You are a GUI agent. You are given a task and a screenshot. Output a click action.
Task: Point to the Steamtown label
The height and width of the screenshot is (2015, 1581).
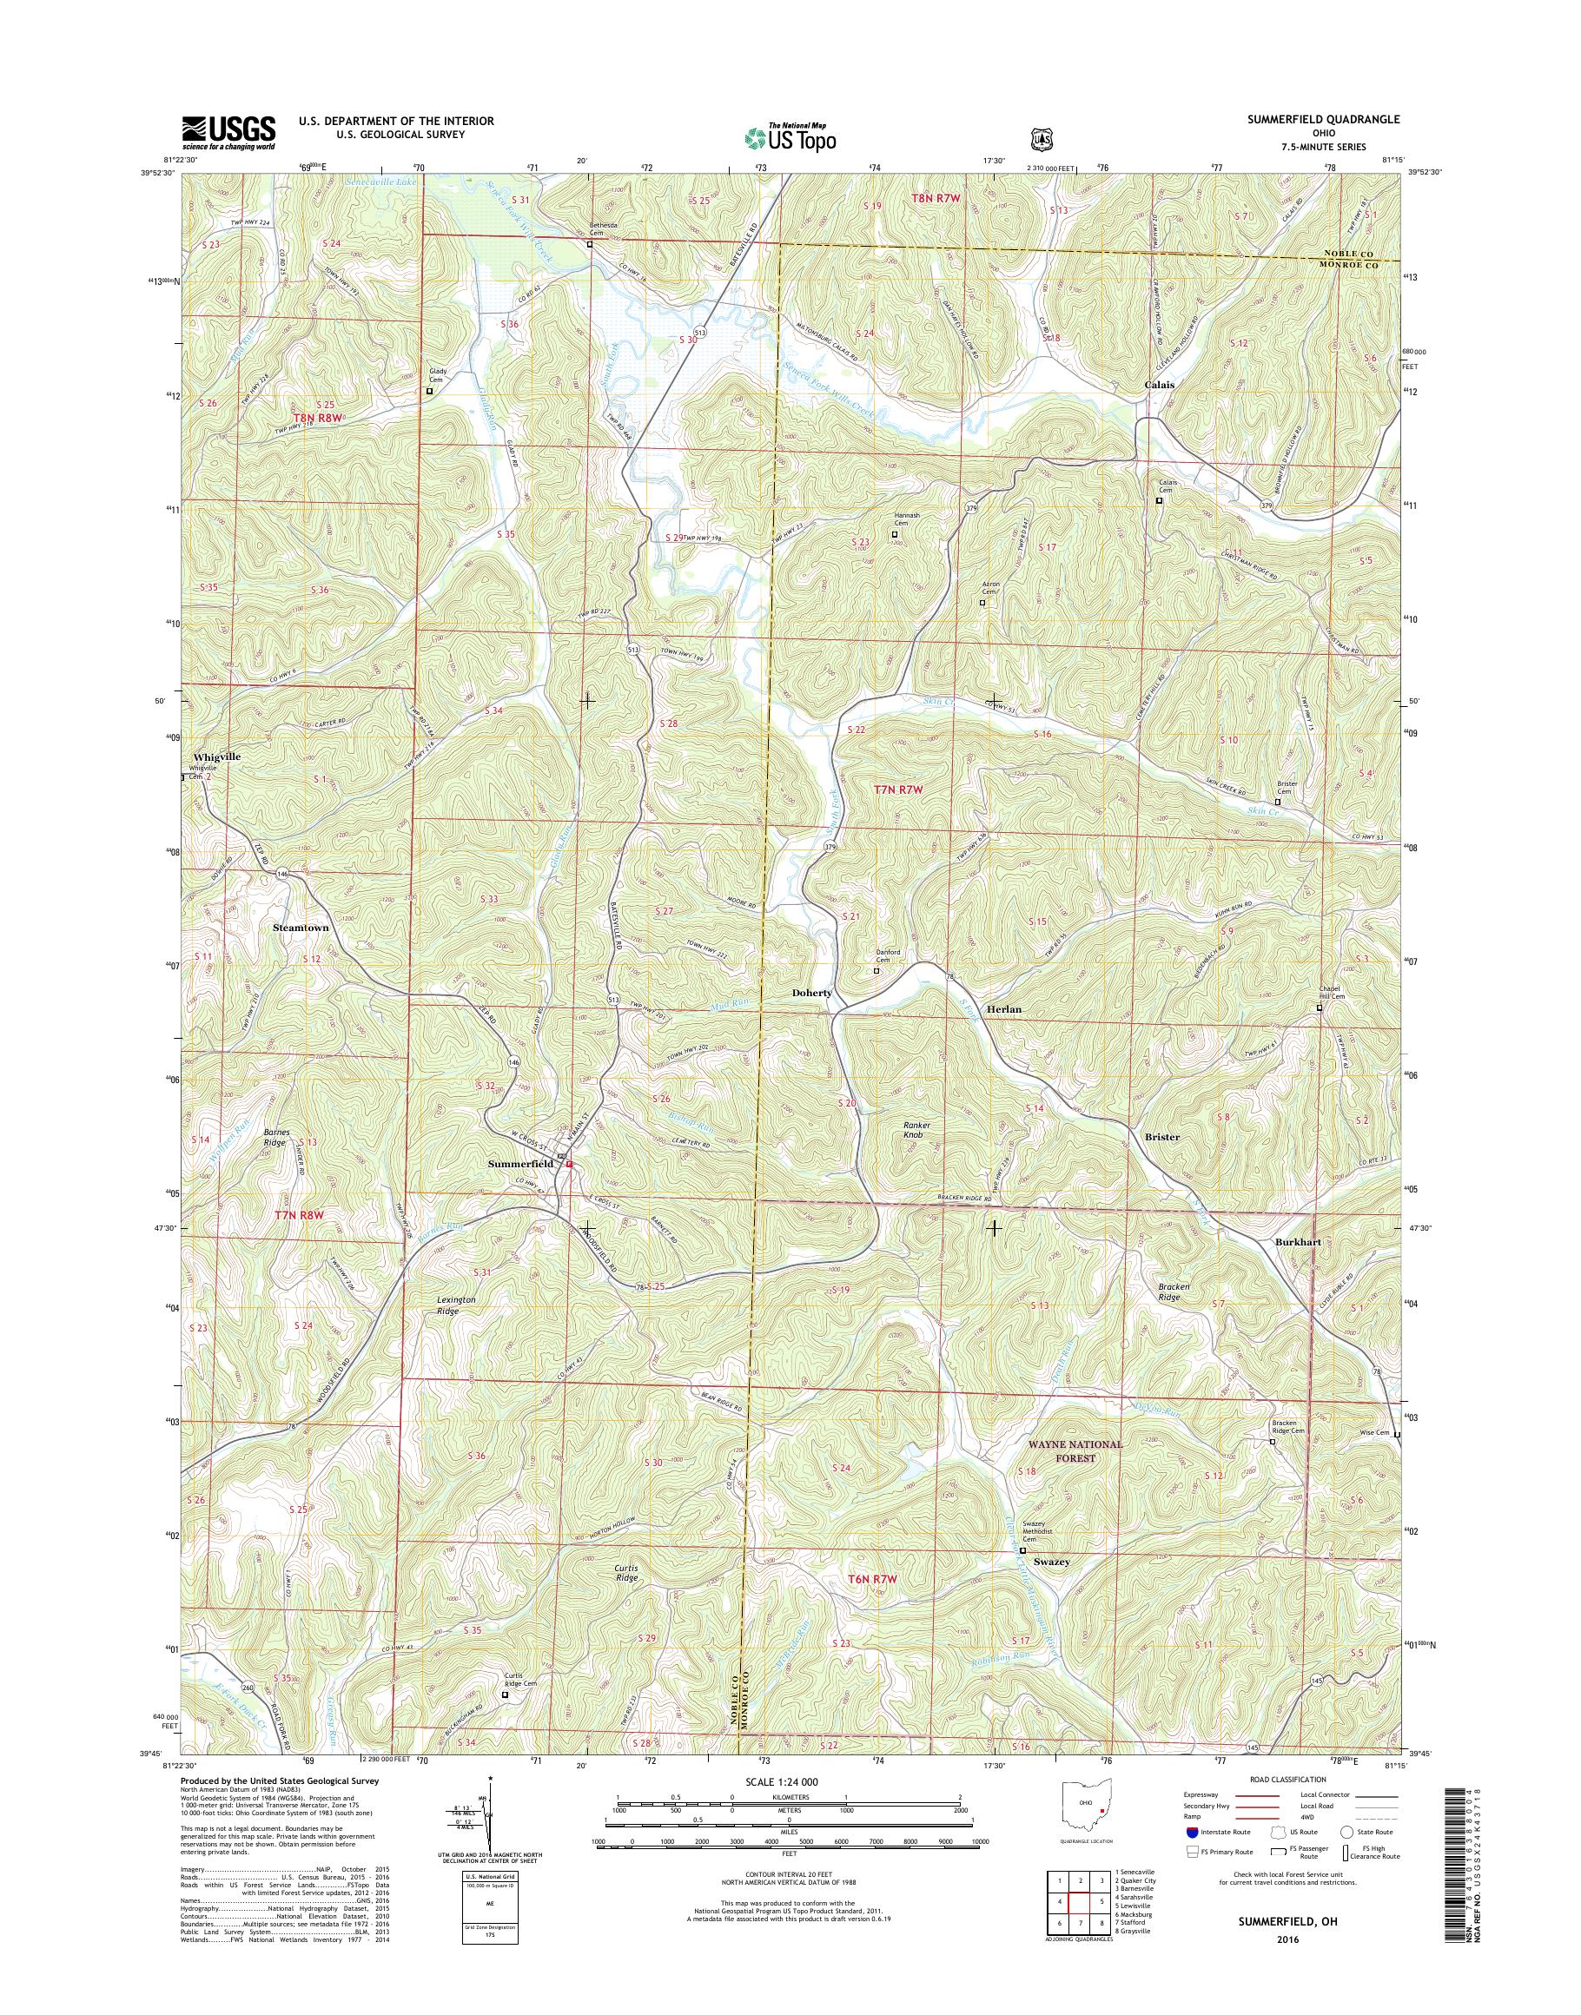(x=301, y=927)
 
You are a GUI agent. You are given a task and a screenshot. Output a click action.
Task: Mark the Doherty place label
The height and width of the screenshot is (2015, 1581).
(x=812, y=992)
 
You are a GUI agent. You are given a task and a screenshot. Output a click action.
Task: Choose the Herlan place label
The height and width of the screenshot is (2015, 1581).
(x=1003, y=1010)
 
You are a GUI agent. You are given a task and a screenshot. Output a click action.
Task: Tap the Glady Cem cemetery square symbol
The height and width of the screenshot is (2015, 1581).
(x=429, y=392)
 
